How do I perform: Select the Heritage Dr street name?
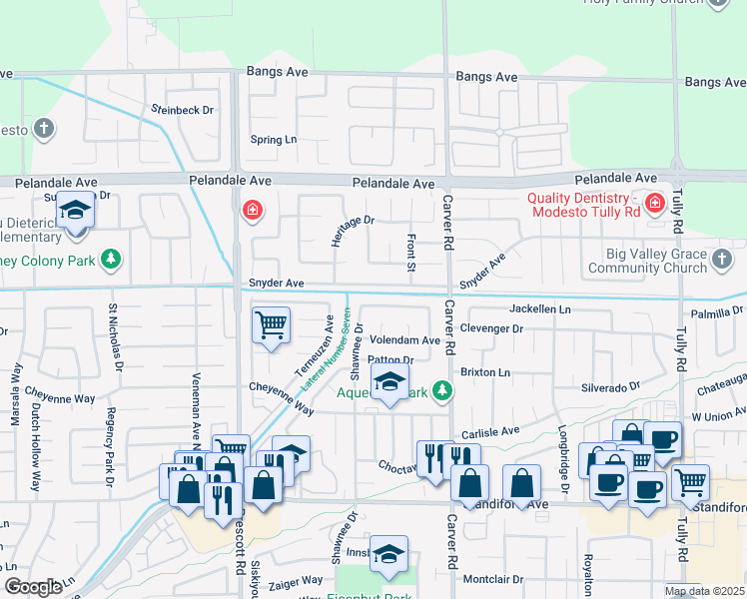click(x=353, y=231)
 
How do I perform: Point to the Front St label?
click(x=410, y=253)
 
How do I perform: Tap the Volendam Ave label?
click(x=404, y=340)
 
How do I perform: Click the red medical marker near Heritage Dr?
click(x=253, y=210)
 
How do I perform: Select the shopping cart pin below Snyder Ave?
click(x=272, y=325)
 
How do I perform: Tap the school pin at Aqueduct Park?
click(x=390, y=382)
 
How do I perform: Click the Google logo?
click(x=33, y=587)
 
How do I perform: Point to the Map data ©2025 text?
click(x=704, y=591)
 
